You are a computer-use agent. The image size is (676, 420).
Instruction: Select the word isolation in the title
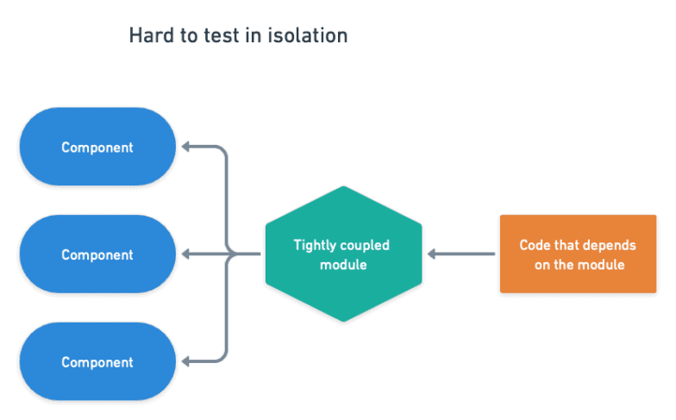pos(308,35)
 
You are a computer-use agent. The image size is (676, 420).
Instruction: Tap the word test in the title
pos(222,36)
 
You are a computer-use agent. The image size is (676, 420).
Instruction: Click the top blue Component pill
pos(97,147)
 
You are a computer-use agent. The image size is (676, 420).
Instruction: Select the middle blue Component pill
pos(97,254)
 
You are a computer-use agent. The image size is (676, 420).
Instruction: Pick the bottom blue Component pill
pos(97,361)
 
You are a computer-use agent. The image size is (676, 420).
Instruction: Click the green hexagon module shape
pos(343,254)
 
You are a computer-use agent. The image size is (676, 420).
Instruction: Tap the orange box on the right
pos(578,254)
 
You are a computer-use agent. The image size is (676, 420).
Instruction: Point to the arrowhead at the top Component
pos(186,147)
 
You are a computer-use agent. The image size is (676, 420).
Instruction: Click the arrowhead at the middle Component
pos(186,254)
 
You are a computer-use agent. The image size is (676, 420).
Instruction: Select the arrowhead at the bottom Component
pos(186,361)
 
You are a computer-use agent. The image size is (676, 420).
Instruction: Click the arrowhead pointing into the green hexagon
pos(431,254)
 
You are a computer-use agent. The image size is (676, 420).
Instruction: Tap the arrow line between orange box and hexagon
pos(461,254)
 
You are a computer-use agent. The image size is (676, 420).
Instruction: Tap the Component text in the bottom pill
pos(97,362)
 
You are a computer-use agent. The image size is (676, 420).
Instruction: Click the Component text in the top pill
pos(97,148)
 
